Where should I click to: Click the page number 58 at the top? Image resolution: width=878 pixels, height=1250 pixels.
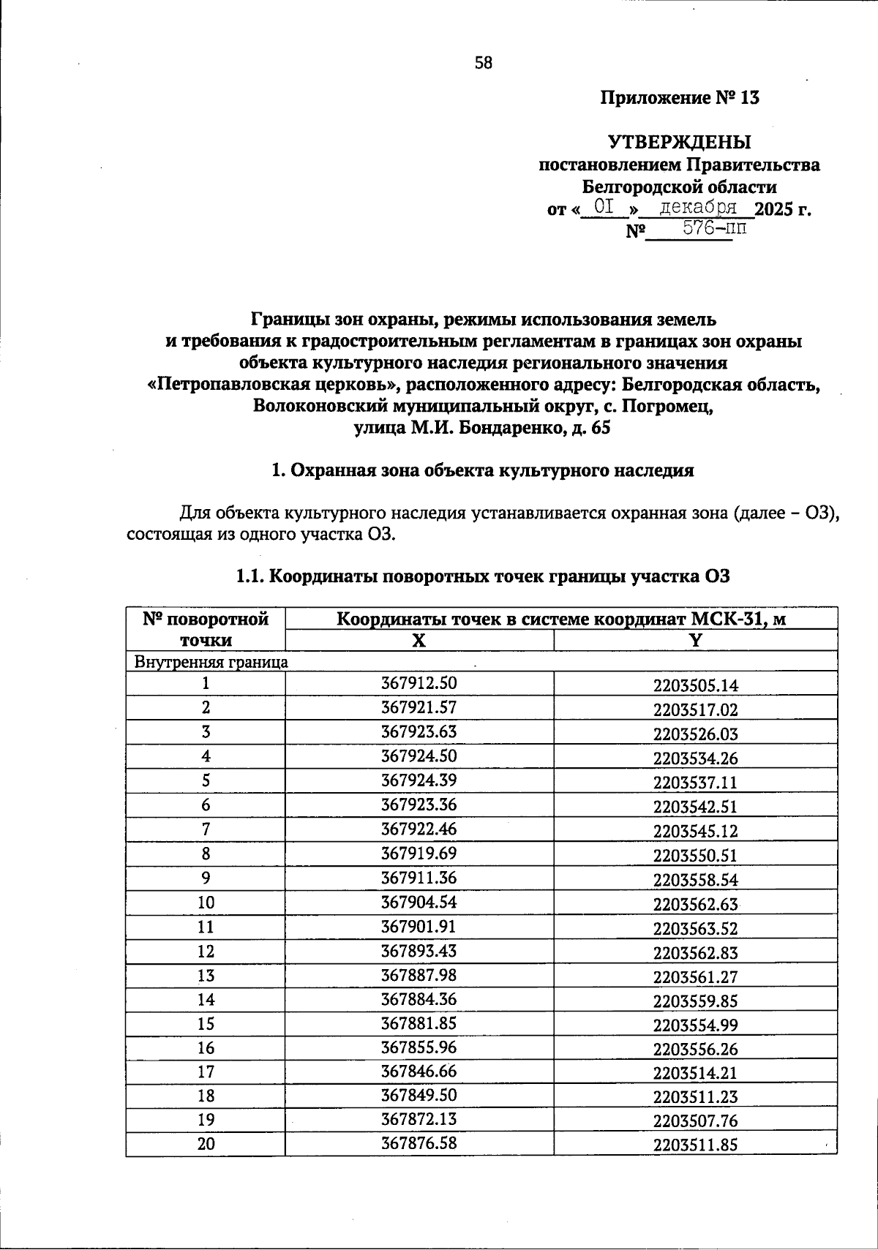click(484, 63)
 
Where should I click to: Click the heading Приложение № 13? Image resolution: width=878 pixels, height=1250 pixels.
click(680, 98)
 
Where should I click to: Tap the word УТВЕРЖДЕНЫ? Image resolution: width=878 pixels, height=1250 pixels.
click(680, 141)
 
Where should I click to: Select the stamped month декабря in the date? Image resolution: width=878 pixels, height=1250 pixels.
click(696, 207)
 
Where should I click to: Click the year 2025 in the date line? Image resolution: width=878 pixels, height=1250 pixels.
click(773, 210)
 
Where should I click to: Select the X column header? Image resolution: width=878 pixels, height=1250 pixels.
click(419, 641)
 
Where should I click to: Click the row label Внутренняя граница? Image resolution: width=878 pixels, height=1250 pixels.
click(210, 663)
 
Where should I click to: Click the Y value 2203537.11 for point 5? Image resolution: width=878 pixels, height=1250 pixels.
click(695, 783)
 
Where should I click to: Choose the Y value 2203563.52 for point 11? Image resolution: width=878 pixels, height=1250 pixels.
click(695, 929)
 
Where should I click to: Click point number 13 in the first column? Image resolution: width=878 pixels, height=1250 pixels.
click(206, 976)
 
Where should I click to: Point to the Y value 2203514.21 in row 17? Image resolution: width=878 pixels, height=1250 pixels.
click(695, 1073)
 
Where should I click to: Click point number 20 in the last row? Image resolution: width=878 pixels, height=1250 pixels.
click(206, 1144)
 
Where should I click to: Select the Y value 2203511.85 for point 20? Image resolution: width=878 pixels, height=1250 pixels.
click(695, 1145)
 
